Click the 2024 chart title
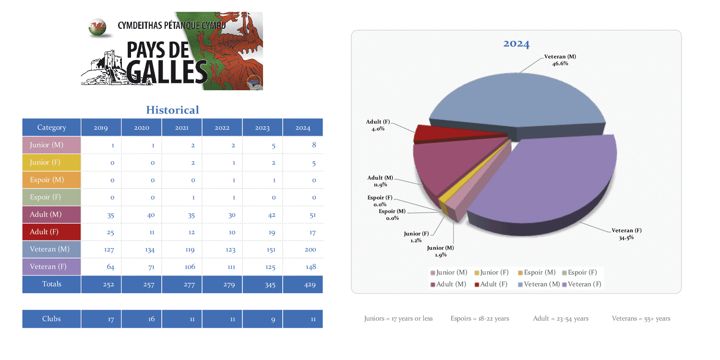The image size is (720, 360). point(516,44)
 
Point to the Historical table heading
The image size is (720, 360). point(172,110)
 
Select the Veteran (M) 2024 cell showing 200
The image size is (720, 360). point(302,250)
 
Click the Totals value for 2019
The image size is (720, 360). point(108,285)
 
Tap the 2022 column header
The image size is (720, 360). point(222,128)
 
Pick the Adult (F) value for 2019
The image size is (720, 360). point(110,232)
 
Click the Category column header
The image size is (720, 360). point(51,128)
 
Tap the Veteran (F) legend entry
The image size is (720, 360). point(582,284)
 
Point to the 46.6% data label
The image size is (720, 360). point(560,63)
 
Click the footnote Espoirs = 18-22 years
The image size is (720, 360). point(480,318)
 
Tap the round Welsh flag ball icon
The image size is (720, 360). point(97,27)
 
